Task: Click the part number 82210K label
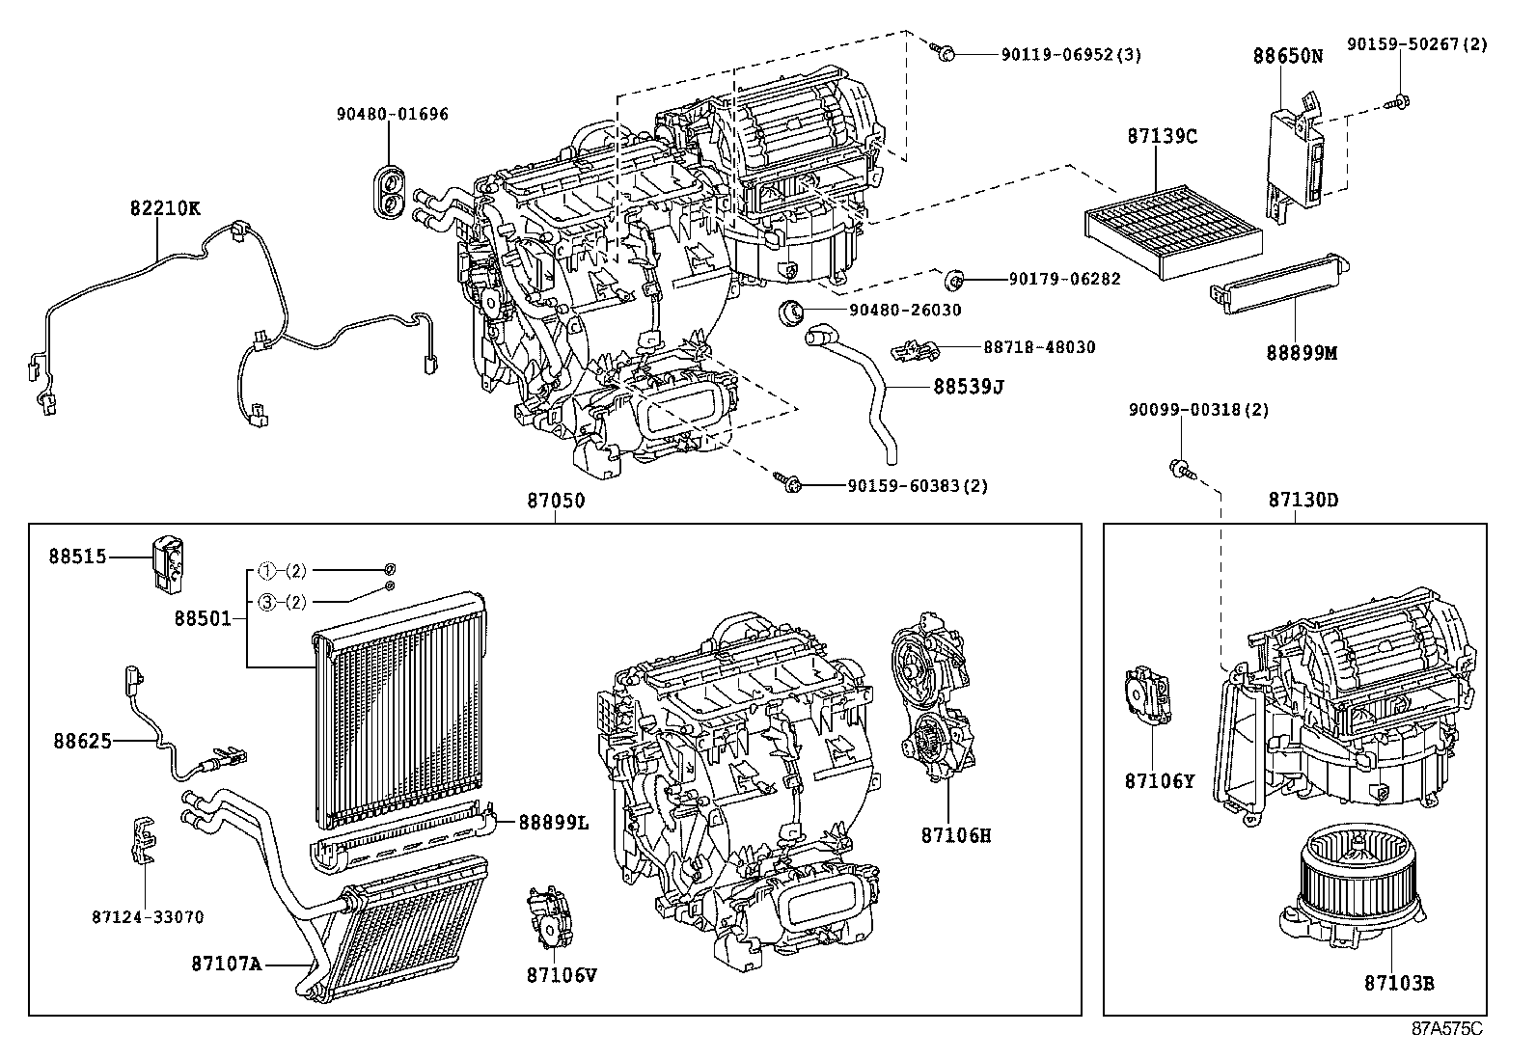click(x=165, y=207)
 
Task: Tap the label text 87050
click(x=555, y=501)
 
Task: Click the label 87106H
click(x=955, y=835)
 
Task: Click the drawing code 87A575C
click(x=1446, y=1028)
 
